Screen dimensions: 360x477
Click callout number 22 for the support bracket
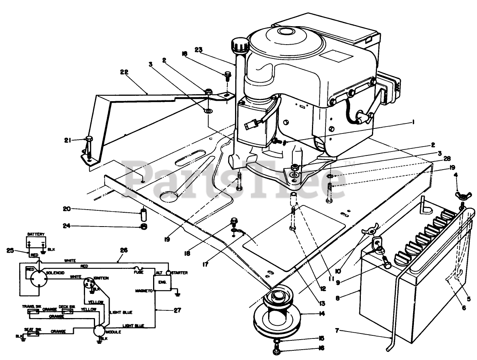tap(124, 72)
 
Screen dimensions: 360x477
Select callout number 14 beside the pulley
tap(322, 313)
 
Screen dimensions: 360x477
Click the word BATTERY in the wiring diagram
tap(36, 234)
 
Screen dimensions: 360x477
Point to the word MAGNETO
tap(144, 291)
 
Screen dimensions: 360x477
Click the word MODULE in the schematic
tap(115, 332)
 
